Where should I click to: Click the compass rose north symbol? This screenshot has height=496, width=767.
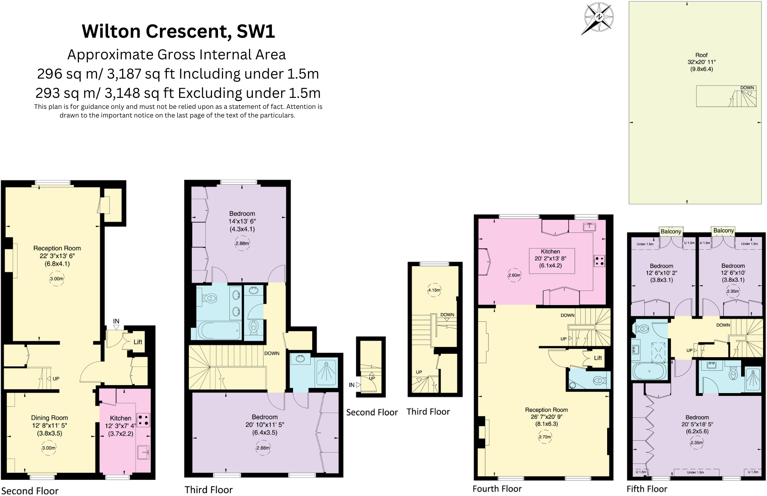(599, 17)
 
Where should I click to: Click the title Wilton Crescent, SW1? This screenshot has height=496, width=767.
(178, 31)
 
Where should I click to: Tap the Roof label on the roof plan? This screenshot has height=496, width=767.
(701, 55)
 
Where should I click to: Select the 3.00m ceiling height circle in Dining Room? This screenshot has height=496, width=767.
(49, 448)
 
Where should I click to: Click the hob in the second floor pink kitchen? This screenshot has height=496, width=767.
(143, 420)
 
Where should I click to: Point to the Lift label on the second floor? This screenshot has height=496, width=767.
(138, 342)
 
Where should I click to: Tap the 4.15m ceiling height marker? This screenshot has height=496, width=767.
(434, 290)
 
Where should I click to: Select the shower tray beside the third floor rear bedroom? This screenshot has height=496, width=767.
(326, 371)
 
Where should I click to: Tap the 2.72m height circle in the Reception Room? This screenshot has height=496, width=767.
(545, 437)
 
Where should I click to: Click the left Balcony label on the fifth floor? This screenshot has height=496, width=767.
(670, 231)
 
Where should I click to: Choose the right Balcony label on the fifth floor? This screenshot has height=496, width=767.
(723, 231)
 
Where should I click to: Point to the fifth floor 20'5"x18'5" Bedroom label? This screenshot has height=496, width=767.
(697, 424)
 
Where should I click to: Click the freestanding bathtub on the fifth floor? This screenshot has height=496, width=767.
(649, 371)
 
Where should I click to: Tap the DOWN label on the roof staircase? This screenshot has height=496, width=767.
(747, 88)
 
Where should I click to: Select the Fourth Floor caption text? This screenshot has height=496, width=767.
(497, 489)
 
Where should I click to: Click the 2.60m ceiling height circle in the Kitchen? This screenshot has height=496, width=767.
(514, 275)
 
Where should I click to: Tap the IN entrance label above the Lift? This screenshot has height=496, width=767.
(116, 321)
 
